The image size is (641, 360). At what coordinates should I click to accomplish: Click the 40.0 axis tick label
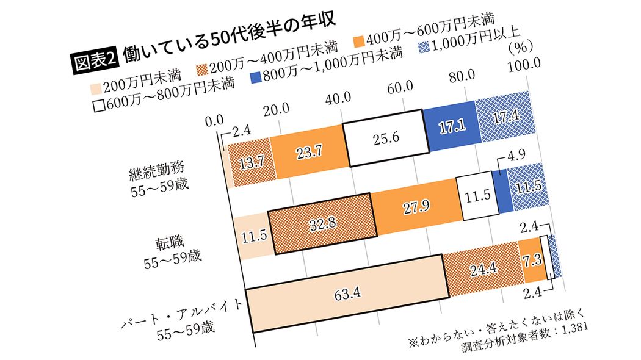[339, 97]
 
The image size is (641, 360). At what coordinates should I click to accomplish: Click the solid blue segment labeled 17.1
[451, 126]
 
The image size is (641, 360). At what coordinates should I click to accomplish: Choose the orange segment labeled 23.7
[308, 151]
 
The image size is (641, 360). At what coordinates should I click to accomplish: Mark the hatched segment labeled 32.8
[320, 222]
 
